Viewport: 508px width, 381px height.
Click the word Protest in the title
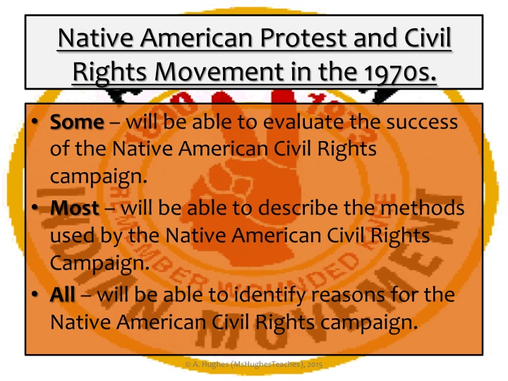coord(304,38)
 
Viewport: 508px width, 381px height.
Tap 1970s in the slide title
coord(400,71)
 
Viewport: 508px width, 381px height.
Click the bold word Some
coord(77,122)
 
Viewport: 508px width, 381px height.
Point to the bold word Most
coord(75,207)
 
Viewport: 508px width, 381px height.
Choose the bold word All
coord(63,294)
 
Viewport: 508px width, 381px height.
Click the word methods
coord(423,207)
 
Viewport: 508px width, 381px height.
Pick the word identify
coord(270,296)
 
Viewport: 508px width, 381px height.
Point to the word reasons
coord(348,296)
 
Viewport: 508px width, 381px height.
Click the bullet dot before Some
coord(35,122)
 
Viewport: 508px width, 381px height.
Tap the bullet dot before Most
coord(35,207)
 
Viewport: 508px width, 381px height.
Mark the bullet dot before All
coord(35,294)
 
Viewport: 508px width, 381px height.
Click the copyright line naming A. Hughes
coord(254,364)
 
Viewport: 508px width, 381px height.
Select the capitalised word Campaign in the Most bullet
coord(99,263)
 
